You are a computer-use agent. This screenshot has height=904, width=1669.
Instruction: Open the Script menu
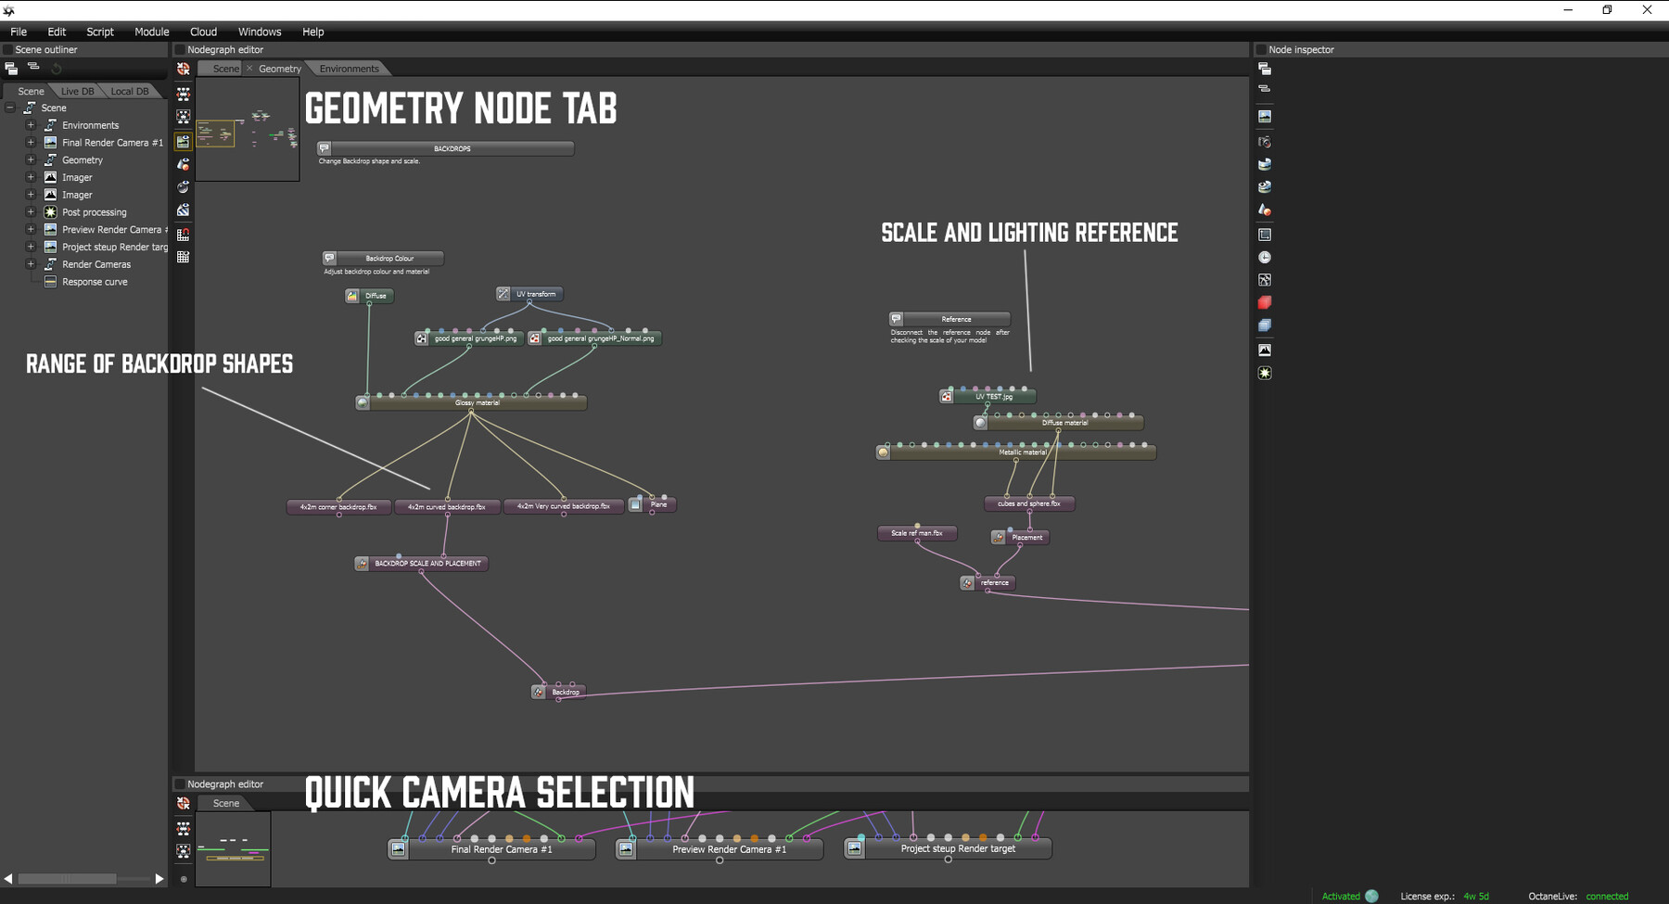(100, 32)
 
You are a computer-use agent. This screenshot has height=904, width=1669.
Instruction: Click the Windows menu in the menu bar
(259, 32)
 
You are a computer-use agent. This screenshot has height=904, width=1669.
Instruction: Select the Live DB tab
(77, 91)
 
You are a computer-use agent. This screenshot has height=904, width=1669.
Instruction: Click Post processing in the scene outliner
(94, 212)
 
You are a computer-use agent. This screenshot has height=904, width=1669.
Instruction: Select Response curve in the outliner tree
(95, 282)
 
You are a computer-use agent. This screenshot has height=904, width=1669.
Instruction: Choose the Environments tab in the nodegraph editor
(349, 69)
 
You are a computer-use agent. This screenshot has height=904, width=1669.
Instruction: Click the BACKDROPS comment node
(452, 148)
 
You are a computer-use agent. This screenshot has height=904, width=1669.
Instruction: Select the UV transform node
(535, 294)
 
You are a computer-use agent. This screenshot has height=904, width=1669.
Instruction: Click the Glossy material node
(477, 402)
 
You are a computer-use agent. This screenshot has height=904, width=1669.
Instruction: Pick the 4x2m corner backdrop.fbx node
(338, 507)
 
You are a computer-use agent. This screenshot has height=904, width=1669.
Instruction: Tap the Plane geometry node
(657, 504)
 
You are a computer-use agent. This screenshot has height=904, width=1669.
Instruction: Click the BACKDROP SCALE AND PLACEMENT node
(427, 563)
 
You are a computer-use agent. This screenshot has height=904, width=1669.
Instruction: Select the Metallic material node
(1022, 452)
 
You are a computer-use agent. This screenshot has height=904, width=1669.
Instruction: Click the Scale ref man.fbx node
(916, 533)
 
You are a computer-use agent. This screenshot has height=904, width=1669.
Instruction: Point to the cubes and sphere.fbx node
(1028, 503)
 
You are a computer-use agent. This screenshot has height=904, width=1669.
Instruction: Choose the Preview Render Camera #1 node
(728, 849)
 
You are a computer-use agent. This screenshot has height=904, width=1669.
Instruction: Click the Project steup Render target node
(957, 848)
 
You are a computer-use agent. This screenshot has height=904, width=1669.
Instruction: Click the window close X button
(1647, 10)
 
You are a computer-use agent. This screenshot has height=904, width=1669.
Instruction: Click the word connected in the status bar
(1607, 897)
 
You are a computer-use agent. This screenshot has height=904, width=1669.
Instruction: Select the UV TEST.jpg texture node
(993, 397)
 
